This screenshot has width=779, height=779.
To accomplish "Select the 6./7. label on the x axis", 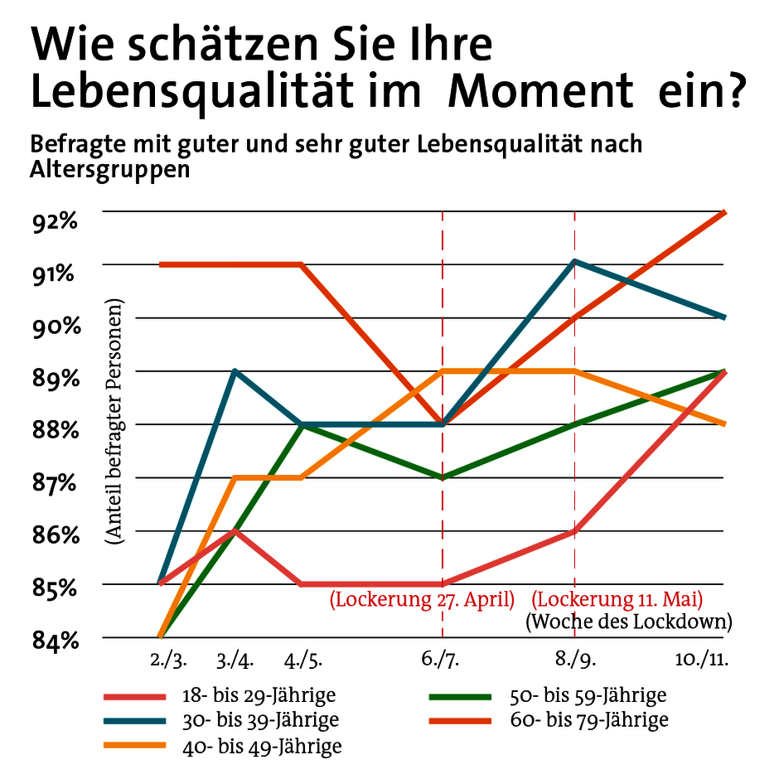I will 443,660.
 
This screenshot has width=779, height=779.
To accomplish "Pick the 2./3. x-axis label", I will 168,660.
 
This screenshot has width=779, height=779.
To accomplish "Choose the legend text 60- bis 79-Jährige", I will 589,720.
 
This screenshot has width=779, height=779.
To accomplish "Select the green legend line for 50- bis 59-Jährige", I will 461,697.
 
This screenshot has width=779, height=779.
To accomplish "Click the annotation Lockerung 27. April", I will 423,599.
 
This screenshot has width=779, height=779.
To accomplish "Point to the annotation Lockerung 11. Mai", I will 617,599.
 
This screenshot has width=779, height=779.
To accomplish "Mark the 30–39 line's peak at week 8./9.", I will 574,262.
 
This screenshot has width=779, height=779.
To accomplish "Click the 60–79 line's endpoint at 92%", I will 725,213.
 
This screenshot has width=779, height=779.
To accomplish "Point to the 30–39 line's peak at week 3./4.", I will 236,371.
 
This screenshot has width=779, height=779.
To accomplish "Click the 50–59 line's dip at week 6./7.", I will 443,477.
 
